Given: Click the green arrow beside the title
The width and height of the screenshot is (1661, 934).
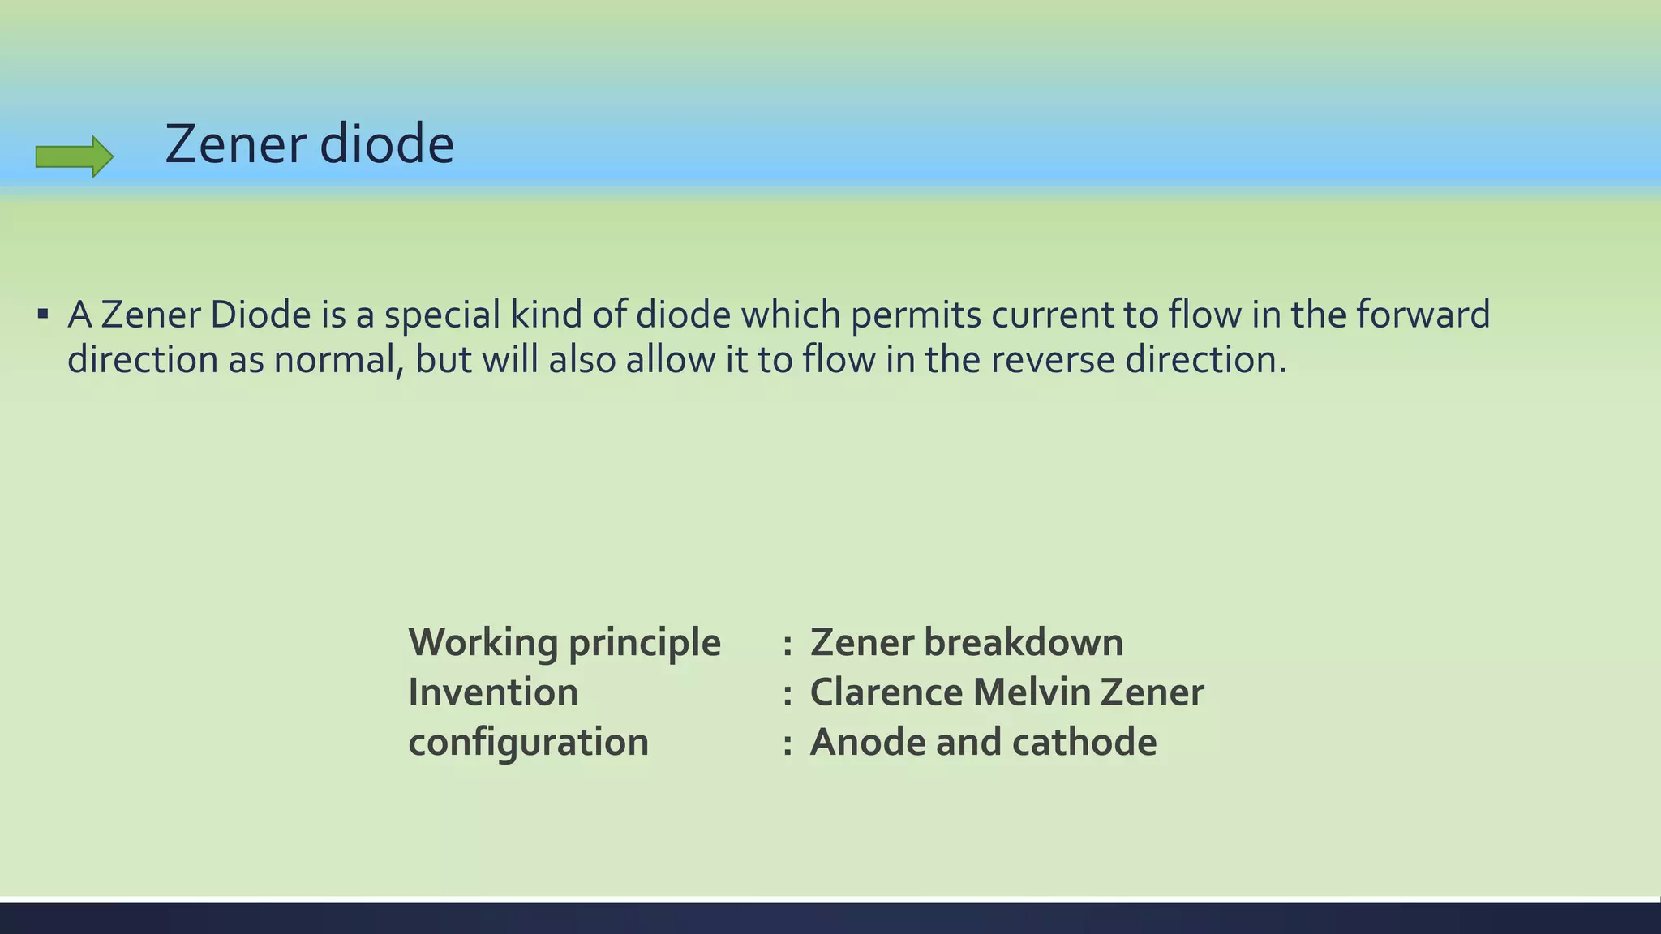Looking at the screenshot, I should (74, 156).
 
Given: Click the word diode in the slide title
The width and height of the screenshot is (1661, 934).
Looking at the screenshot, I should (387, 144).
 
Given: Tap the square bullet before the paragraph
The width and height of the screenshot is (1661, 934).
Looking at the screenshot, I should (43, 313).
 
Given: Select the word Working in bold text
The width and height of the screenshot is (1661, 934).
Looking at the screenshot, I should (483, 644).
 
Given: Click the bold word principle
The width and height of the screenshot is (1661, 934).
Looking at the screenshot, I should (644, 644).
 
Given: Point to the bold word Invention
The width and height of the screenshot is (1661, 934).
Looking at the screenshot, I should (493, 693).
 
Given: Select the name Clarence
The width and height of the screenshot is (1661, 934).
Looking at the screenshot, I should (885, 693).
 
